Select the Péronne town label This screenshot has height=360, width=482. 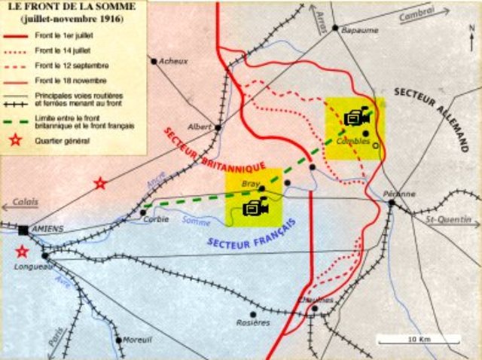point(399,194)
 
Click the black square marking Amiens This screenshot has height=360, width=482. point(24,230)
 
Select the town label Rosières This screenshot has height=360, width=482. point(252,322)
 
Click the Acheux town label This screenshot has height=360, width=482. point(174,61)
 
